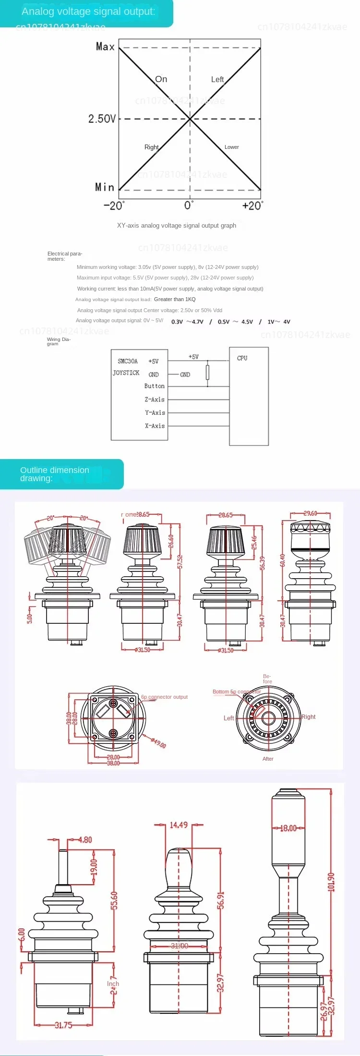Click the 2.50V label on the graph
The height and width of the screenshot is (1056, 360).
click(x=102, y=119)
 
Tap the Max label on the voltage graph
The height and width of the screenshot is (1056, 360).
click(x=105, y=47)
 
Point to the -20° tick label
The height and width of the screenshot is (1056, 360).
click(x=114, y=206)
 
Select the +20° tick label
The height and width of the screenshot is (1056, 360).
click(x=252, y=206)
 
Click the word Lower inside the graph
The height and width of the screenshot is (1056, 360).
click(x=231, y=147)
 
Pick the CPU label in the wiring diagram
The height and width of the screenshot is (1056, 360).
click(x=242, y=358)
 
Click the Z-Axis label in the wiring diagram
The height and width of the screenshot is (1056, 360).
click(x=155, y=400)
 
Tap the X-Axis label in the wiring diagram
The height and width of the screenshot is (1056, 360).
click(x=155, y=426)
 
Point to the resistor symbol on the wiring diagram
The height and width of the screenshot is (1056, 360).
click(x=207, y=372)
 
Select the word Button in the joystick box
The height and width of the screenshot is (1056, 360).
click(x=154, y=386)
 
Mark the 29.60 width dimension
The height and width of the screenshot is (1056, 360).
click(x=310, y=513)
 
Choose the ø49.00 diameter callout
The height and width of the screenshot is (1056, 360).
click(x=158, y=743)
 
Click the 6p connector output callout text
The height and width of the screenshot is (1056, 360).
click(x=164, y=697)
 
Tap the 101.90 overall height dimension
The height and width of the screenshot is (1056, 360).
click(x=331, y=882)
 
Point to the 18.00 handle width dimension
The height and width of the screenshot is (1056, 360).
click(x=288, y=828)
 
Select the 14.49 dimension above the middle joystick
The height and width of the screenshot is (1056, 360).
click(x=179, y=825)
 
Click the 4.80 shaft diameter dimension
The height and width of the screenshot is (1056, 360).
click(x=85, y=839)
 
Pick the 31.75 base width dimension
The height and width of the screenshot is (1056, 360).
click(x=63, y=1025)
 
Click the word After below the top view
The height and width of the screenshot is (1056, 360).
click(x=268, y=759)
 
